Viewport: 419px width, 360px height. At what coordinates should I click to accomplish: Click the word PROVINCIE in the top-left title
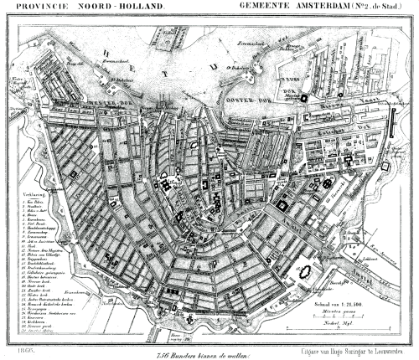click(x=32, y=8)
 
